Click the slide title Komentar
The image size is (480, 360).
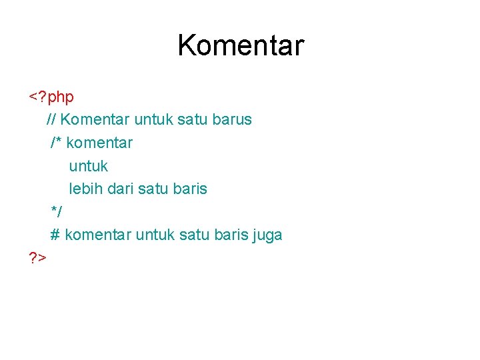point(240,45)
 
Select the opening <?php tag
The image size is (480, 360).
point(51,97)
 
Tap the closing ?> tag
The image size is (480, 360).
point(37,257)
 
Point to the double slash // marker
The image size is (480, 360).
point(51,120)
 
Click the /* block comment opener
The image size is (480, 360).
point(56,143)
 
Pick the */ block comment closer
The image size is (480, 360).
point(57,212)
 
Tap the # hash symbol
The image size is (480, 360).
point(55,235)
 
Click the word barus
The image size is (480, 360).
point(232,120)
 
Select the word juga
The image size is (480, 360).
point(265,235)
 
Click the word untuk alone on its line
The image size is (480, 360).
point(88,165)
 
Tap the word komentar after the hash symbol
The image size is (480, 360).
point(98,235)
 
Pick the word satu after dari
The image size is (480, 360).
point(155,189)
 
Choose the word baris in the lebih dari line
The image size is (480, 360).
point(190,189)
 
